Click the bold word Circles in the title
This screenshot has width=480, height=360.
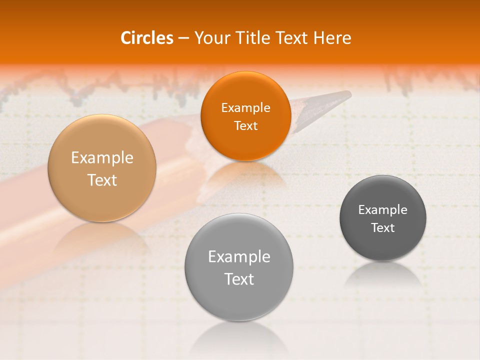(146, 38)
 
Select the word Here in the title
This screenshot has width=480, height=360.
(332, 38)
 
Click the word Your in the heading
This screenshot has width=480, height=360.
(210, 38)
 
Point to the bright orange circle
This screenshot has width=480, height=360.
(245, 116)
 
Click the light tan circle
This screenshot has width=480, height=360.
(102, 168)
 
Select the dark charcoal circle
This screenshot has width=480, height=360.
(382, 218)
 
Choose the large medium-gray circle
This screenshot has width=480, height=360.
(239, 267)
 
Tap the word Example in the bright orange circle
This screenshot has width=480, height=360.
(245, 107)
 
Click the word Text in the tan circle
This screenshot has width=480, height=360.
(102, 180)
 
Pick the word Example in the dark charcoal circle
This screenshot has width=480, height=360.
(382, 209)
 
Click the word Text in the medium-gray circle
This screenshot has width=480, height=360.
(239, 279)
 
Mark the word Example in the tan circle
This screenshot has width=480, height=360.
(102, 157)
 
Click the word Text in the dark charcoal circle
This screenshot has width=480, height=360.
(382, 227)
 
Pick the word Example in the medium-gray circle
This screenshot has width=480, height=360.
(239, 256)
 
